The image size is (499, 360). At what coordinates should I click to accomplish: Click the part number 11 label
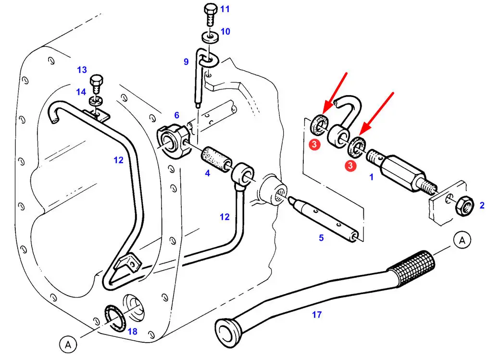pos(225,9)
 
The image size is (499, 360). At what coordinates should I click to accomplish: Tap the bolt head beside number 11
pos(210,9)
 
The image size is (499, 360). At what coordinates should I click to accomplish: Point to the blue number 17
pos(316,315)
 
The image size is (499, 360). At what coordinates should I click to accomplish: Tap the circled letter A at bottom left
pos(68,344)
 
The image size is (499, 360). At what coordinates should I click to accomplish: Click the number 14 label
pos(81,91)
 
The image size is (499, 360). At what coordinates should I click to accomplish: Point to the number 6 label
pos(176,115)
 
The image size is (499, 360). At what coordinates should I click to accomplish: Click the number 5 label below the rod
pos(321,237)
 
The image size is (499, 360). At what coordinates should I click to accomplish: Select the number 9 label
pos(186,62)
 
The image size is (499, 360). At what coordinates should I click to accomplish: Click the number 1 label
pos(371,177)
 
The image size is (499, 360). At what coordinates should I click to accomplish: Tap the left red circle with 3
pos(313,144)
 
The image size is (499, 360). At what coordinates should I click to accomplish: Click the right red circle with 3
pos(351,165)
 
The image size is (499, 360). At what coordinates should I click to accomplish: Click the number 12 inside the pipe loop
pos(119,160)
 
